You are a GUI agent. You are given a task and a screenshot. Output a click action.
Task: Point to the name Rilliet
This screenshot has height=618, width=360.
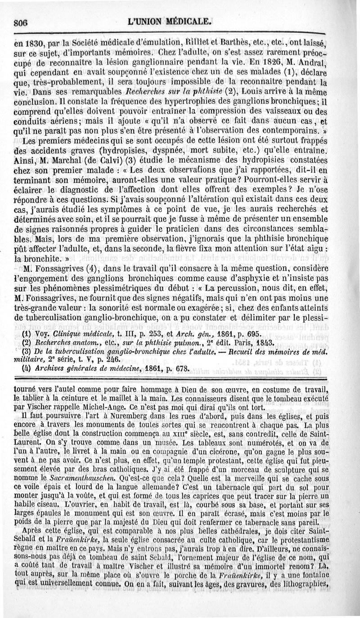pos(194,44)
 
